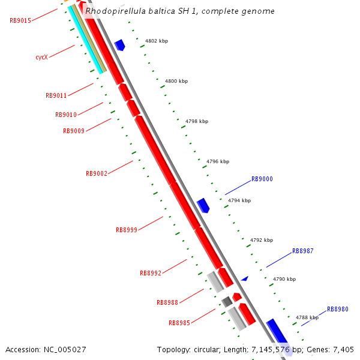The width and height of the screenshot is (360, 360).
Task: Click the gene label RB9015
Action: (20, 20)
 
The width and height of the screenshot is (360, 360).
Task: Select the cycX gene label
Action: (41, 58)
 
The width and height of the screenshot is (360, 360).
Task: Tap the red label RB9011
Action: (56, 95)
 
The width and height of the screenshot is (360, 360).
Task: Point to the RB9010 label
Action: (66, 115)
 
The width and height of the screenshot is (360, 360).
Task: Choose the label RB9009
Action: (74, 131)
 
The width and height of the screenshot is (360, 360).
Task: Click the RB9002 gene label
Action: (97, 173)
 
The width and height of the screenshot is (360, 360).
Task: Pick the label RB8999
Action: (127, 230)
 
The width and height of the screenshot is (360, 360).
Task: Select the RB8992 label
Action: (151, 273)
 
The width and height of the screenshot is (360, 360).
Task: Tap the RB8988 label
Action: (167, 302)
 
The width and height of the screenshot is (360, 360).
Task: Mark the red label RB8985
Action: (179, 323)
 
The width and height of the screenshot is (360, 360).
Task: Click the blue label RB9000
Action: (262, 179)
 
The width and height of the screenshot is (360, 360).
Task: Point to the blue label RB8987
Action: (303, 251)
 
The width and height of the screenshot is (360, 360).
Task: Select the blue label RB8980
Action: (338, 310)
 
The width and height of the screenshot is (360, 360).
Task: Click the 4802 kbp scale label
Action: (157, 41)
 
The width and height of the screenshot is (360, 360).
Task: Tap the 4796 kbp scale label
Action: (218, 161)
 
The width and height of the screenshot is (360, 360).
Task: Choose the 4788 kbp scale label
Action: (307, 317)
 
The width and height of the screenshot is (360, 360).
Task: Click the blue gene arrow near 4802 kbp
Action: (119, 45)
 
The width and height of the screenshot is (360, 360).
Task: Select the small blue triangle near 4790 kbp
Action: (244, 278)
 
